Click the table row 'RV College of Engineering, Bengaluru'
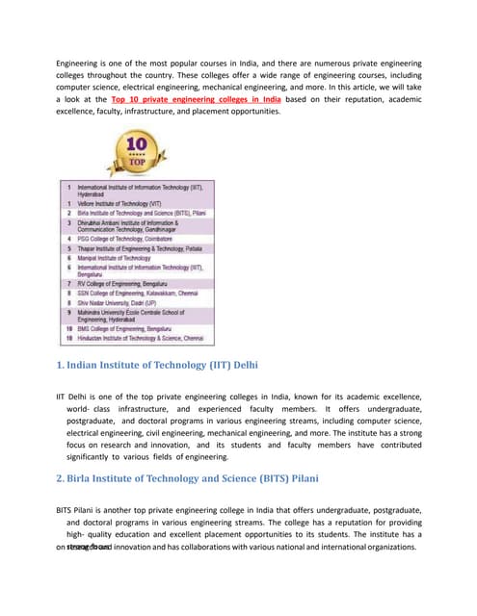click(129, 284)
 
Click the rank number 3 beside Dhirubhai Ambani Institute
click(68, 221)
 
